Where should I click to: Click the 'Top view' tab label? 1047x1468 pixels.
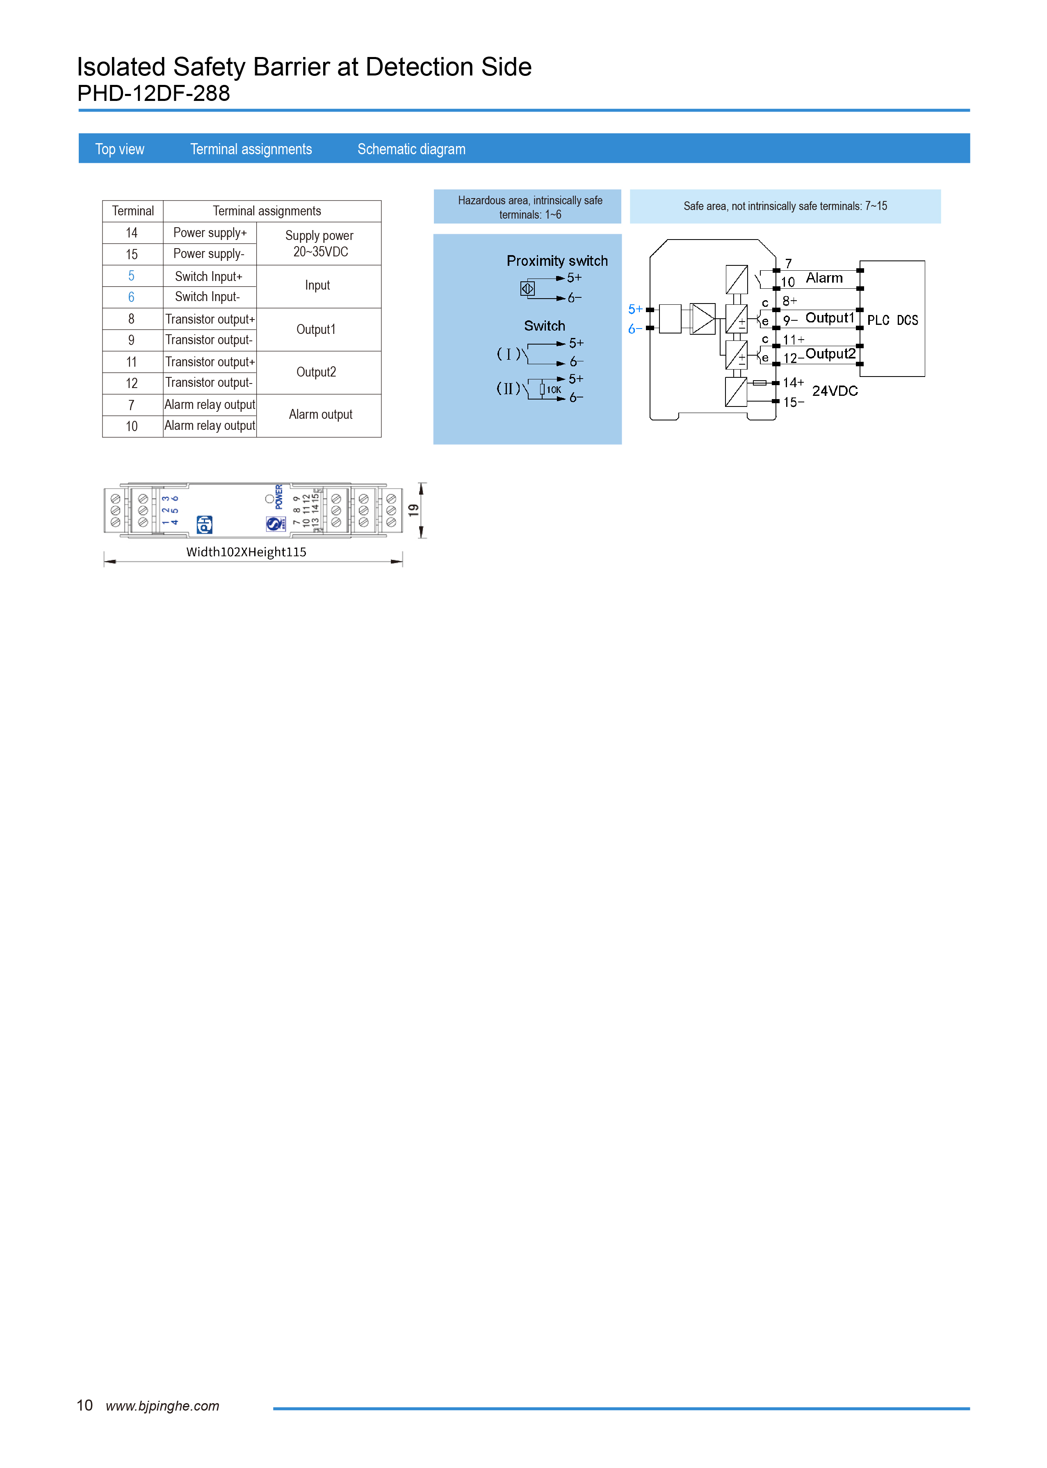click(x=119, y=149)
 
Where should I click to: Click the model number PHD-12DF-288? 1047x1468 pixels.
click(x=153, y=94)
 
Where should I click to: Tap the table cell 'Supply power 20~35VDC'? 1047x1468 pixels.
click(x=319, y=244)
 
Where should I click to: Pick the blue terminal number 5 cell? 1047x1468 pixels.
click(x=132, y=276)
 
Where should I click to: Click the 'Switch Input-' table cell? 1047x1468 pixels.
click(x=208, y=297)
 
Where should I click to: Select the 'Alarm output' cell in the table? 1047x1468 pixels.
click(x=320, y=415)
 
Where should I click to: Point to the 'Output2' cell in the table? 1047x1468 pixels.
click(x=316, y=372)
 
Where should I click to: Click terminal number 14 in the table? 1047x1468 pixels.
click(x=132, y=233)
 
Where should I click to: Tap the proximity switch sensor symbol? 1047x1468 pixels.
click(x=527, y=289)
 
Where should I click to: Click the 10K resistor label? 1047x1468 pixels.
click(x=554, y=389)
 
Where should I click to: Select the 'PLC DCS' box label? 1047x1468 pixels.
click(x=892, y=320)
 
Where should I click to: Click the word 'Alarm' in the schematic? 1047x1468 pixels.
click(x=824, y=278)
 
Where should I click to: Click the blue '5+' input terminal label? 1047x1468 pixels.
click(x=635, y=309)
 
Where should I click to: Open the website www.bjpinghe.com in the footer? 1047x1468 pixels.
click(x=162, y=1406)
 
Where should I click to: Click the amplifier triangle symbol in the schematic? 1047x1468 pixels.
click(x=703, y=318)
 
